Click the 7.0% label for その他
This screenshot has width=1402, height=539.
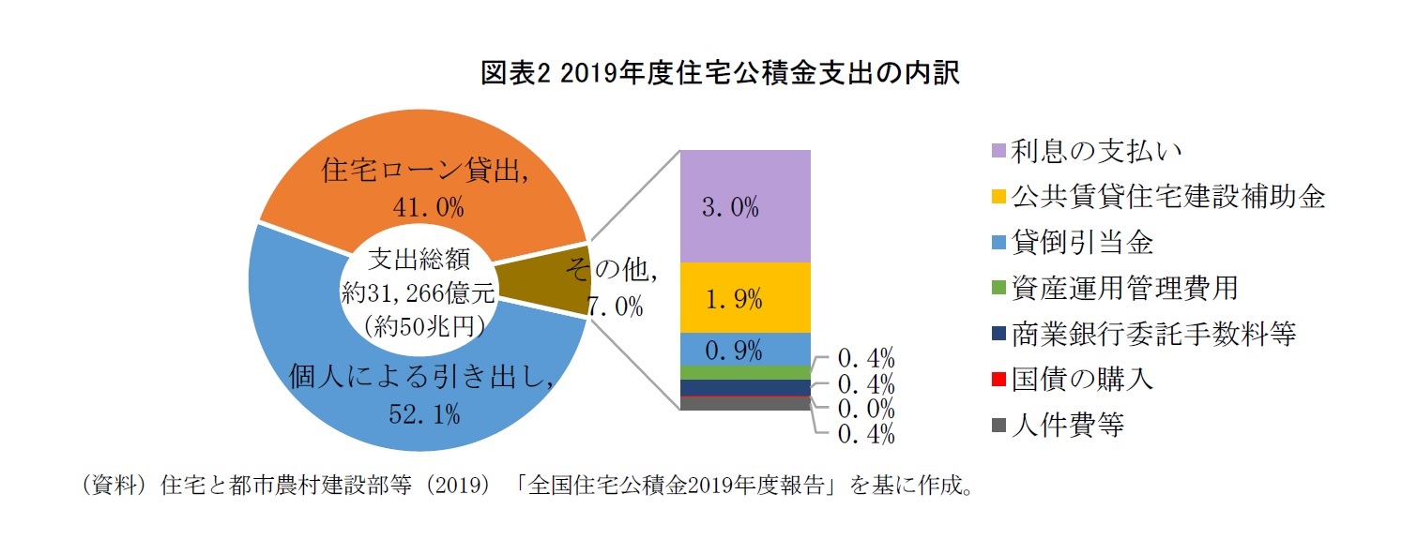coord(616,306)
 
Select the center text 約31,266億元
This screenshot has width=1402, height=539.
coord(419,292)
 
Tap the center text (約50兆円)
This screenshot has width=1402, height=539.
coord(419,325)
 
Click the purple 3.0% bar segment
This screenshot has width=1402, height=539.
coord(743,206)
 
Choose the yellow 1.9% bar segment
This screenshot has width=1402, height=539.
coord(743,298)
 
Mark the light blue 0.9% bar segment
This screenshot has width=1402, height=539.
coord(743,350)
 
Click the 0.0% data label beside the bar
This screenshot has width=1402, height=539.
coord(864,409)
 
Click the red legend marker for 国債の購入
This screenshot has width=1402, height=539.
coord(998,380)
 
